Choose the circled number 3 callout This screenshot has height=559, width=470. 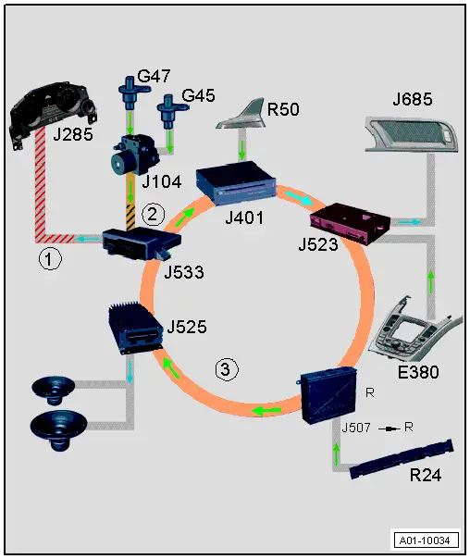(227, 370)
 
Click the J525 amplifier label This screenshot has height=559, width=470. (188, 328)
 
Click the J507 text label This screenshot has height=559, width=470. (357, 429)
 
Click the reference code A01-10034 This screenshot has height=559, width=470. (427, 540)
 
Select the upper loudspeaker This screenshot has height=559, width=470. (56, 390)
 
